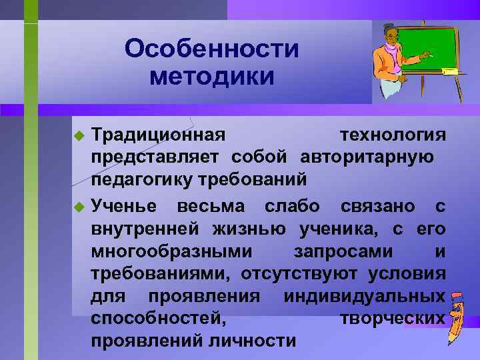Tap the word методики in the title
[x=212, y=76]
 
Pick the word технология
[x=393, y=135]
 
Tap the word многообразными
[x=171, y=251]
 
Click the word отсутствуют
[x=295, y=273]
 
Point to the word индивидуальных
[x=365, y=295]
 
